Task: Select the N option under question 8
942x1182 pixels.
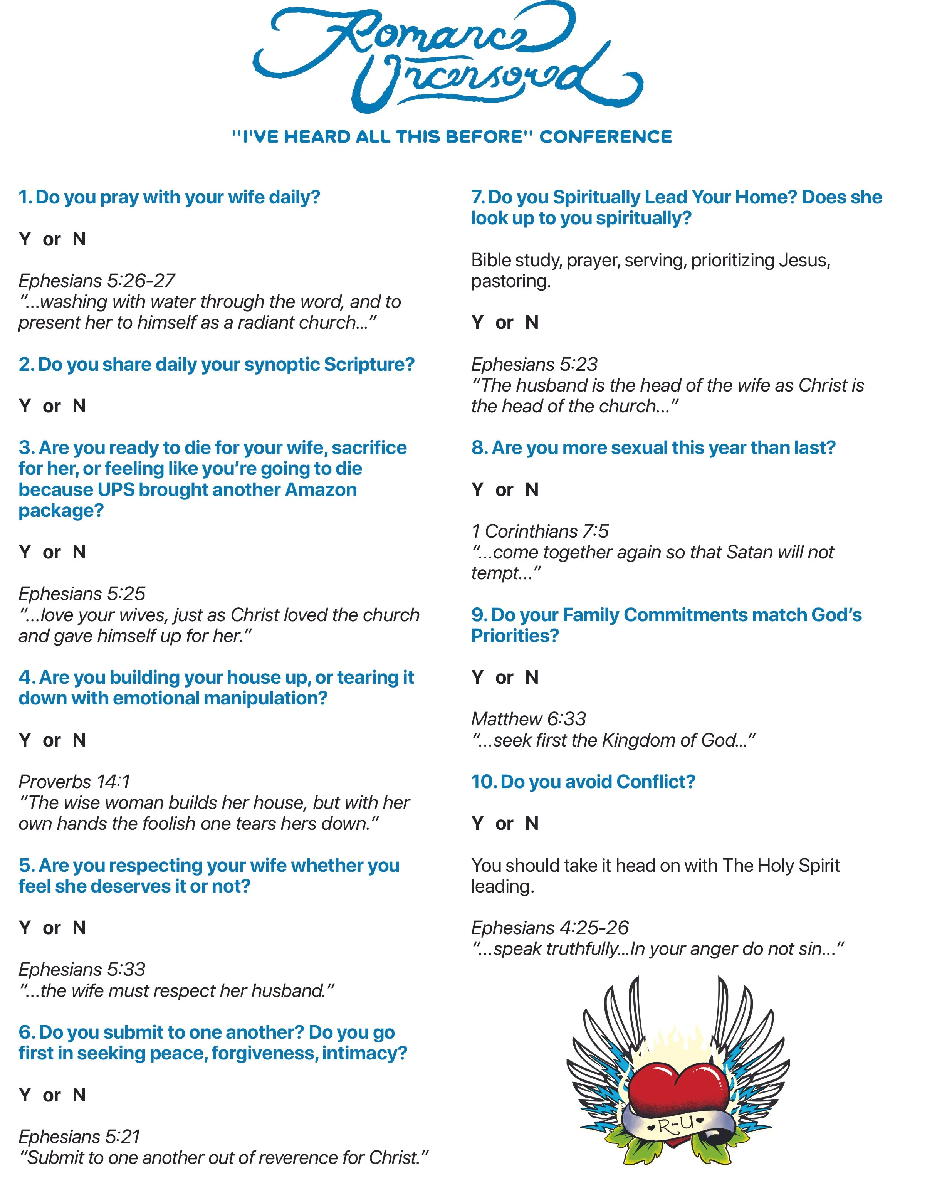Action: coord(532,489)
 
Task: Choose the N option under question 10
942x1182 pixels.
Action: coord(532,824)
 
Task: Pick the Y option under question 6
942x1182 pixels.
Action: coord(25,1095)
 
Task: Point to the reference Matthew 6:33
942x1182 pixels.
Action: coord(528,719)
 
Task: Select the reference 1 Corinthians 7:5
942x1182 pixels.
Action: coord(540,531)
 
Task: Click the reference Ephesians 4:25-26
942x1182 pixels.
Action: coord(550,928)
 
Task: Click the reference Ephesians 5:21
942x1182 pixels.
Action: coord(79,1137)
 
